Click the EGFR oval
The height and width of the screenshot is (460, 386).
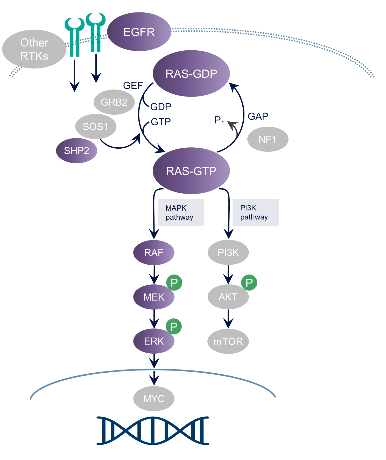[139, 32]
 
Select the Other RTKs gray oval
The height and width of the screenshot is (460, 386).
[34, 49]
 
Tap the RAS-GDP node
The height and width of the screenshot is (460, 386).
[191, 74]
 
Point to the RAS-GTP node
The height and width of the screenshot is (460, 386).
[191, 171]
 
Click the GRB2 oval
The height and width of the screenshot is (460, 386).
[114, 102]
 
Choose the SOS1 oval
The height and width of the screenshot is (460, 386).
[95, 127]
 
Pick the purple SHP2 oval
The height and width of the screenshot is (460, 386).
[76, 150]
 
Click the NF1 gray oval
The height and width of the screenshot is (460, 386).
[268, 139]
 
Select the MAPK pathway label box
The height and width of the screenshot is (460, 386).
[180, 212]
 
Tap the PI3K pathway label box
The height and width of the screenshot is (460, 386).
[255, 212]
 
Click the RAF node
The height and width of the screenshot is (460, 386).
[154, 252]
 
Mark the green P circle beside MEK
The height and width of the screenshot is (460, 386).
[174, 283]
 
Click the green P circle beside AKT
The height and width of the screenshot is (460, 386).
[249, 283]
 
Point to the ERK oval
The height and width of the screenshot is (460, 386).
[154, 341]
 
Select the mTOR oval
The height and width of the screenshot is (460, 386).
[228, 341]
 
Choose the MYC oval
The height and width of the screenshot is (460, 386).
[154, 399]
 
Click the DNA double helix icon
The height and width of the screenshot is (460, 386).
[153, 431]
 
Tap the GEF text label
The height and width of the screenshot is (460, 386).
[133, 85]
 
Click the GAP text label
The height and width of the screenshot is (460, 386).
[258, 116]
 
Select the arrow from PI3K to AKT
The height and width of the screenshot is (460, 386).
[228, 274]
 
